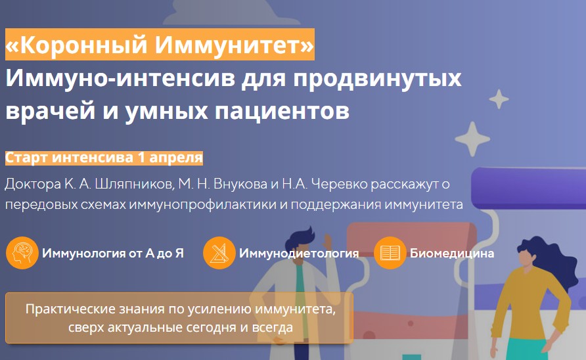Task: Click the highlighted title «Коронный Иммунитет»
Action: (x=160, y=46)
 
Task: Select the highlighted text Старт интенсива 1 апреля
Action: (x=104, y=158)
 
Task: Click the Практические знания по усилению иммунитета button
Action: (x=179, y=318)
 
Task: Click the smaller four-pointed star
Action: (x=499, y=99)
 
